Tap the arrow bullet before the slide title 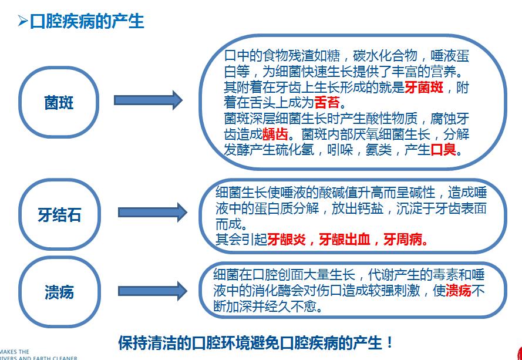tap(22, 22)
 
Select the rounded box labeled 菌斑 tap(59, 103)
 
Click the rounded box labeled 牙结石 tap(59, 215)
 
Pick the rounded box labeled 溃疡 tap(59, 292)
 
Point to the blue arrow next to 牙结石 tap(152, 211)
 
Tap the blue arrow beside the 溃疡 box tap(152, 291)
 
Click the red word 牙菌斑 tap(423, 88)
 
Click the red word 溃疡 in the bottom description tap(459, 291)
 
